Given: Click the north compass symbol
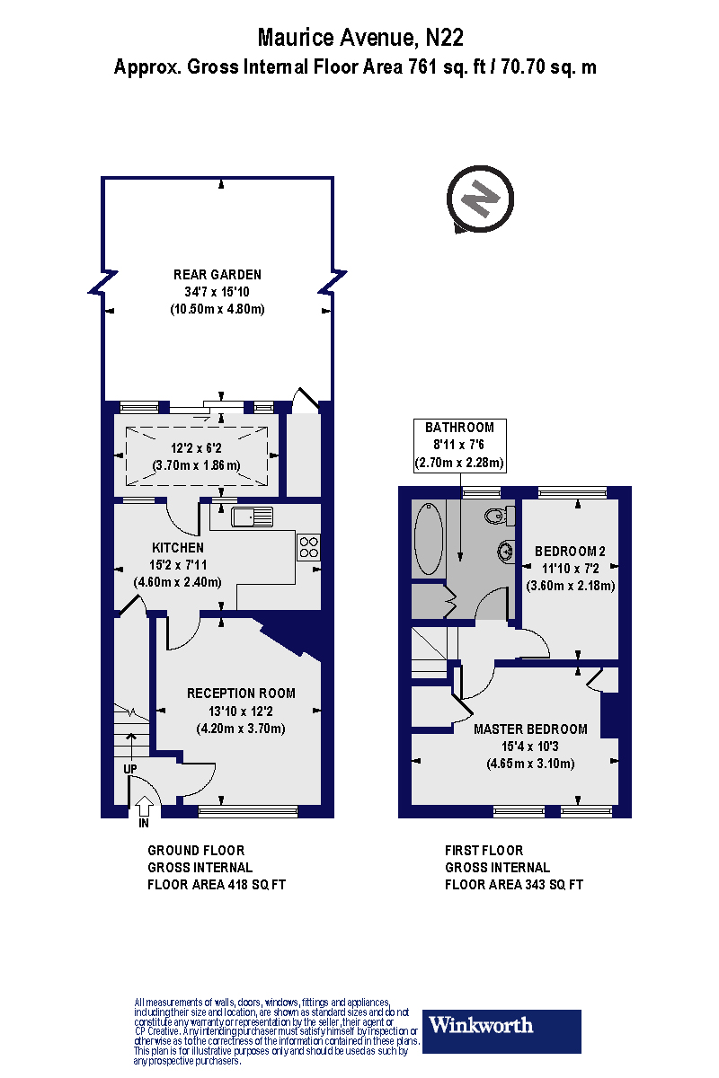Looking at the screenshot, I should pyautogui.click(x=480, y=197).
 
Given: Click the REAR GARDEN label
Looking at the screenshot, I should pyautogui.click(x=217, y=275).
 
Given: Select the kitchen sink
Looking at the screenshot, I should pyautogui.click(x=252, y=517).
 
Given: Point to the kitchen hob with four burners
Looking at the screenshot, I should pyautogui.click(x=308, y=547).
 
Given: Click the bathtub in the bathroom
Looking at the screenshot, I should pyautogui.click(x=428, y=539).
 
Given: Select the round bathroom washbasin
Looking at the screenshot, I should pyautogui.click(x=504, y=551).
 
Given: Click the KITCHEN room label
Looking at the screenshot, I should pyautogui.click(x=178, y=547).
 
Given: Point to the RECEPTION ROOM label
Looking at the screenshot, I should pyautogui.click(x=241, y=694).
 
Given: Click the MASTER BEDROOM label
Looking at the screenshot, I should pyautogui.click(x=530, y=729).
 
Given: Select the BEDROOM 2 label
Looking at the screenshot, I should pyautogui.click(x=571, y=552).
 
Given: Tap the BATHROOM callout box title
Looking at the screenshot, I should pyautogui.click(x=460, y=428).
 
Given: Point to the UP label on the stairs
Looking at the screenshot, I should pyautogui.click(x=130, y=770).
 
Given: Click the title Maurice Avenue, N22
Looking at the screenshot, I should pyautogui.click(x=359, y=37).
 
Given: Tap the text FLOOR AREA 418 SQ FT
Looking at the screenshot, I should pyautogui.click(x=217, y=885).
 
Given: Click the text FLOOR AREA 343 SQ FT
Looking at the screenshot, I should pyautogui.click(x=514, y=885).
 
